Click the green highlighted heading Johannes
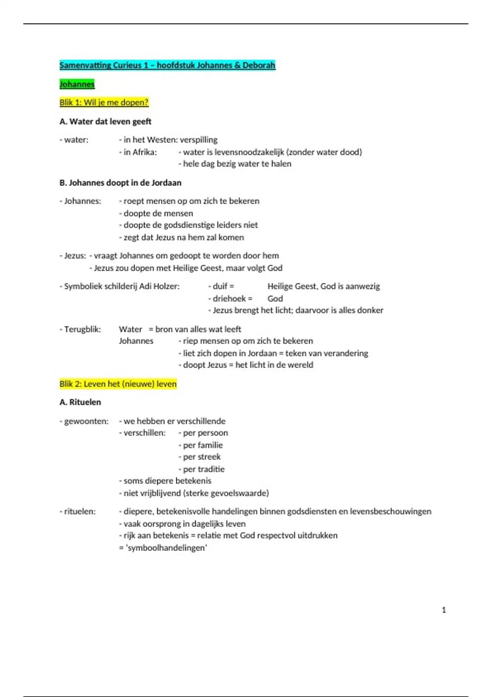pyautogui.click(x=77, y=84)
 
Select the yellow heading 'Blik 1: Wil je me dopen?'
pyautogui.click(x=104, y=102)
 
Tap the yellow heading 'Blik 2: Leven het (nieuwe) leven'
pyautogui.click(x=118, y=384)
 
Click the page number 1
pyautogui.click(x=444, y=610)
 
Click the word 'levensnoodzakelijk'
pyautogui.click(x=249, y=152)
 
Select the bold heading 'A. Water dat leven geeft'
pyautogui.click(x=105, y=121)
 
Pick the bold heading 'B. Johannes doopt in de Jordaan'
pyautogui.click(x=120, y=183)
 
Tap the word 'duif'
pyautogui.click(x=220, y=286)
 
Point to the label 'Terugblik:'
pyautogui.click(x=82, y=329)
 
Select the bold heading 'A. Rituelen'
pyautogui.click(x=80, y=402)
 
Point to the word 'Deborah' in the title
pyautogui.click(x=259, y=65)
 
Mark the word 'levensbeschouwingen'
pyautogui.click(x=390, y=511)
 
